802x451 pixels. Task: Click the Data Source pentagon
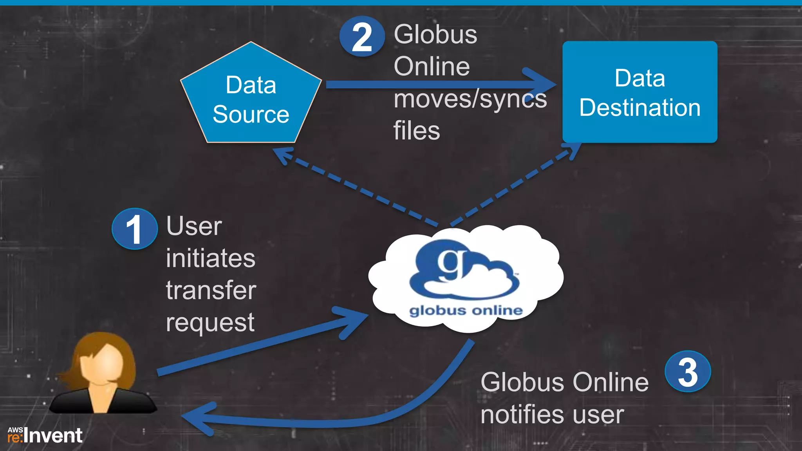(251, 98)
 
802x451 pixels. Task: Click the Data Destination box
(639, 92)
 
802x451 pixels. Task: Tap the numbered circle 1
(134, 229)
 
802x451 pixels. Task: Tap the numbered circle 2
(361, 37)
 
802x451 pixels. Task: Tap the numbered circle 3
(688, 372)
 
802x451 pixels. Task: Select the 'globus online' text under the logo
(466, 311)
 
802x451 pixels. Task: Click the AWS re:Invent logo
(45, 435)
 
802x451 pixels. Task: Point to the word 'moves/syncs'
(470, 99)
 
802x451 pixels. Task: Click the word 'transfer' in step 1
(211, 290)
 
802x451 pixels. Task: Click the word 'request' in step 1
(210, 323)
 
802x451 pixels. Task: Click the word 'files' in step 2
(416, 131)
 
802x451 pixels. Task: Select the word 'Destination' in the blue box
(639, 108)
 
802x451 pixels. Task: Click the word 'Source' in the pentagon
(251, 114)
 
